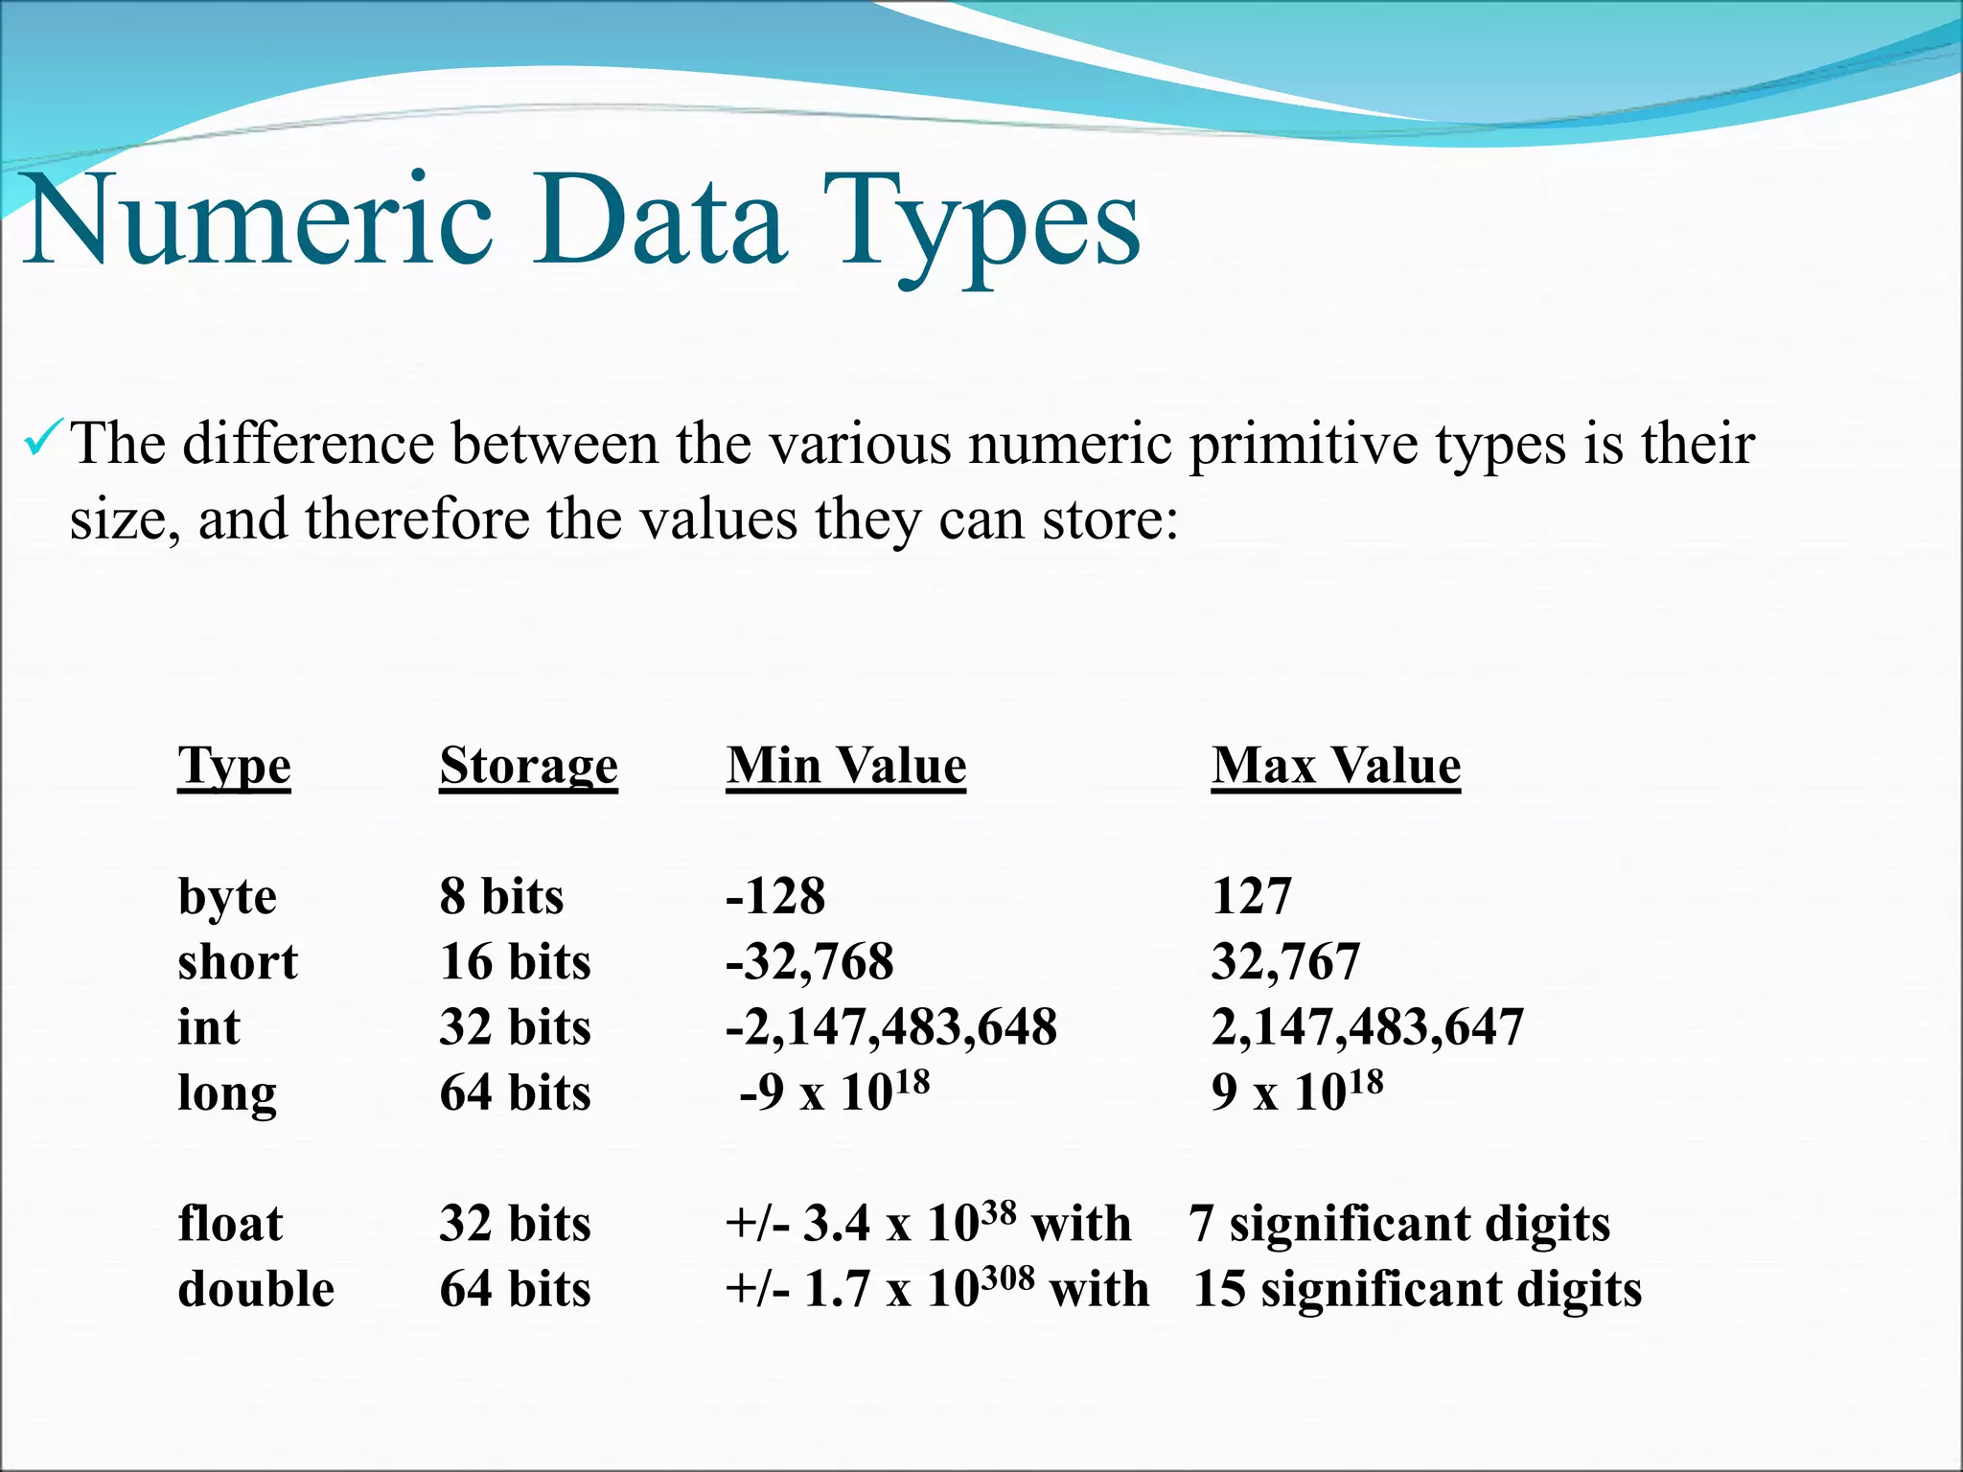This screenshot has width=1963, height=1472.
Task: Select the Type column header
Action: coord(234,767)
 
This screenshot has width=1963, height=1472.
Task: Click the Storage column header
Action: coord(528,767)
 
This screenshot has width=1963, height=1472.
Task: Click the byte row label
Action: coord(227,898)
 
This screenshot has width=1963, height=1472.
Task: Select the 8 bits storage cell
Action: coord(501,896)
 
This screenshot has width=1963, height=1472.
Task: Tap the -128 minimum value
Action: coord(775,896)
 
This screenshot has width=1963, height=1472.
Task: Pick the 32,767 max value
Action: coord(1285,961)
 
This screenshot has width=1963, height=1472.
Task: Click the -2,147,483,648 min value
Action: coord(891,1026)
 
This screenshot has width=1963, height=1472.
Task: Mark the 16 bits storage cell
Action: coord(515,961)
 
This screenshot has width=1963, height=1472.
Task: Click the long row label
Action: coord(227,1093)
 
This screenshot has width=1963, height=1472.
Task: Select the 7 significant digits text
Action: coord(1399,1224)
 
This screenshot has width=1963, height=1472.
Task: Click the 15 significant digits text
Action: coord(1417,1289)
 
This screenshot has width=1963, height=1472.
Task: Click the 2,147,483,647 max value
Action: coord(1367,1026)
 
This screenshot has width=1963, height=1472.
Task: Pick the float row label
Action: coord(230,1224)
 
